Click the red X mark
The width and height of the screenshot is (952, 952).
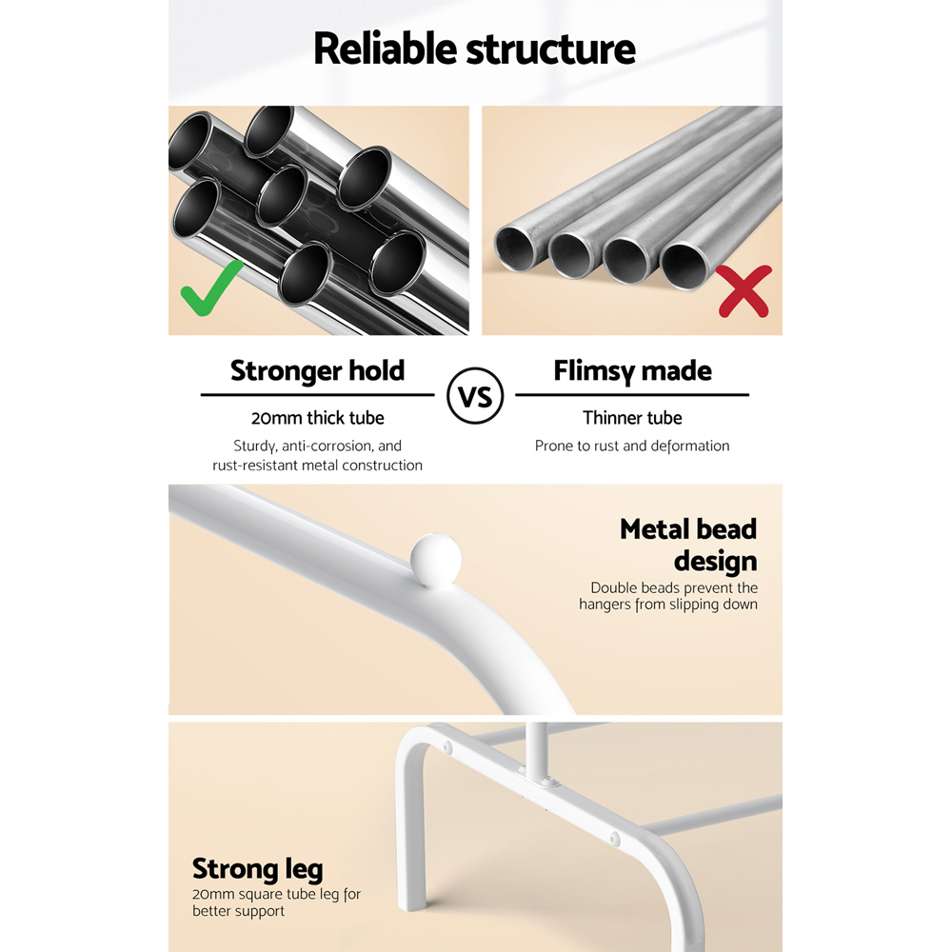coord(744,291)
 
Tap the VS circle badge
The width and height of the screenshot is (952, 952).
coord(475,396)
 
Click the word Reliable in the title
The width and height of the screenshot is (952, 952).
coord(385,49)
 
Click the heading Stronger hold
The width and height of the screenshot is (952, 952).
coord(317,371)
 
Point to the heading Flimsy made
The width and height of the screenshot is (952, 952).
coord(632,371)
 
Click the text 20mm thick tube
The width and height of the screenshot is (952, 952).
coord(318,418)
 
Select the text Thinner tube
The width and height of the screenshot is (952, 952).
coord(632,418)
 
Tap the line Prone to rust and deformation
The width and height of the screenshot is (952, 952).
coord(632,446)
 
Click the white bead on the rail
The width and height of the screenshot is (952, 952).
coord(435,560)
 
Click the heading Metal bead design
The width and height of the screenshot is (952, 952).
coord(688,545)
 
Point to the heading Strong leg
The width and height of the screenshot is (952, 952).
coord(257,869)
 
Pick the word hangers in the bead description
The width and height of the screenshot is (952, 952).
coord(605,605)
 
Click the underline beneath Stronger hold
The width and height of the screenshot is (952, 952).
coord(318,395)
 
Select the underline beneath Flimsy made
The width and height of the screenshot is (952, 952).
coord(632,395)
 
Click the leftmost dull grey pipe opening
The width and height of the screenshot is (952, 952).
coord(515,248)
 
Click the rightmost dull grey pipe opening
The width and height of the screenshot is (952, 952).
coord(684,266)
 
